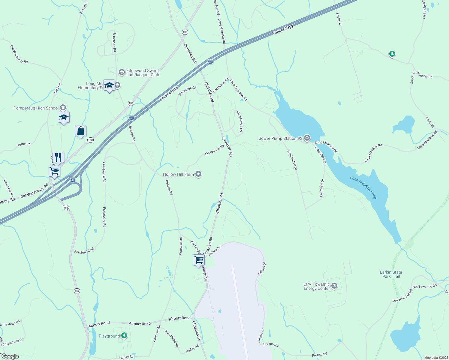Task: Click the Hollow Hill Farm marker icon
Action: pyautogui.click(x=198, y=174)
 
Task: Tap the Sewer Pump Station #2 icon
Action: pyautogui.click(x=307, y=138)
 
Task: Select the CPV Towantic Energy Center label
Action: pyautogui.click(x=317, y=286)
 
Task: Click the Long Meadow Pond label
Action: pyautogui.click(x=363, y=187)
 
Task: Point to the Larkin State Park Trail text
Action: pyautogui.click(x=391, y=274)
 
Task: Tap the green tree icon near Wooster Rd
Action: pyautogui.click(x=392, y=54)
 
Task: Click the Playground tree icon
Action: pyautogui.click(x=124, y=336)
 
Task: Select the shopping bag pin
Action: pyautogui.click(x=80, y=131)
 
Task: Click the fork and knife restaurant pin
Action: pyautogui.click(x=58, y=157)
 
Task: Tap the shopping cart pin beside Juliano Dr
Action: pyautogui.click(x=199, y=260)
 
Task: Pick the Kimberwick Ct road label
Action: pyautogui.click(x=240, y=121)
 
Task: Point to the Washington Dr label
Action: pyautogui.click(x=292, y=160)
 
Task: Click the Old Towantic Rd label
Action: pyautogui.click(x=424, y=287)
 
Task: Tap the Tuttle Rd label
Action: pyautogui.click(x=24, y=144)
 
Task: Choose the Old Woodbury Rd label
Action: pyautogui.click(x=19, y=54)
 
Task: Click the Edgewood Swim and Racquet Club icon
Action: pyautogui.click(x=122, y=72)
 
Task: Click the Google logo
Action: pyautogui.click(x=10, y=356)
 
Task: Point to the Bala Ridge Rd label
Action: pyautogui.click(x=172, y=338)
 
